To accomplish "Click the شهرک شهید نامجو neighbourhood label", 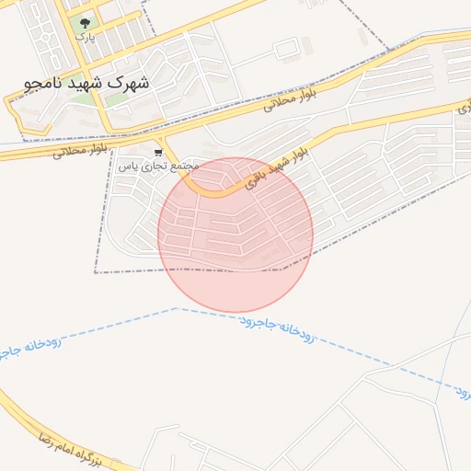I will (86, 82).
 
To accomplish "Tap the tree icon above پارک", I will (86, 22).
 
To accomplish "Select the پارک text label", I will (85, 38).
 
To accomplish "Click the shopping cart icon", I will (158, 152).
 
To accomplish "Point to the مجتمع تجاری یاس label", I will (158, 166).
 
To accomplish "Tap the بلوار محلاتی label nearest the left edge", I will (82, 148).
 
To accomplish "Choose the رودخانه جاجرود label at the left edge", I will (29, 353).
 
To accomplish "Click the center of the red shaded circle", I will (235, 235).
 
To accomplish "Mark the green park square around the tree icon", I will (86, 25).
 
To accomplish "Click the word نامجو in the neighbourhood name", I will (44, 82).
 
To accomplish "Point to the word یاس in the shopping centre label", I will (130, 166).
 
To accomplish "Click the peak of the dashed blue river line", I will (177, 308).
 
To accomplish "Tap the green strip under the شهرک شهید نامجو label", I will (118, 98).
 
